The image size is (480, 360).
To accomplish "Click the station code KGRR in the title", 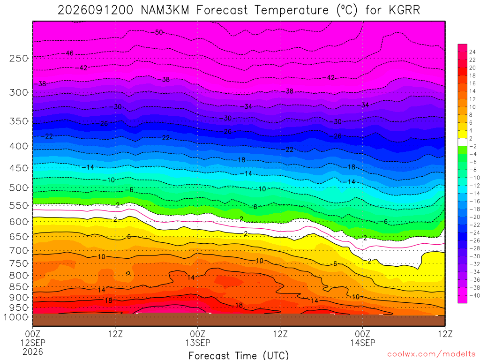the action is [405, 10].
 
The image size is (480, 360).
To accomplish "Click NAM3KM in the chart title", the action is [165, 10].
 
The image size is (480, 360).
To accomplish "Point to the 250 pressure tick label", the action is [18, 58].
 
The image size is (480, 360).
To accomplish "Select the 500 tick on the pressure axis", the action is [18, 187].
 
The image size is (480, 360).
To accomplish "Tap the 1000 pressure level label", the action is [15, 317].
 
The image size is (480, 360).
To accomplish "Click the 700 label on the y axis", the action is [18, 251].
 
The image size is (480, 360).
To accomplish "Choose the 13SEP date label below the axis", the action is [198, 343].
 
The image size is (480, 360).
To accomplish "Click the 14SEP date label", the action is [363, 343].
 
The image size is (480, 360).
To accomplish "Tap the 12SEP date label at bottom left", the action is [33, 343].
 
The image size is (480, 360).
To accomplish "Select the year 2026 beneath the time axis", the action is [33, 352].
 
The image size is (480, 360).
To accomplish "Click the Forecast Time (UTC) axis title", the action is [239, 355].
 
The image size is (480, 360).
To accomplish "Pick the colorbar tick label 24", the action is [472, 52].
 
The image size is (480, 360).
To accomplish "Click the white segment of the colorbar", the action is [463, 142].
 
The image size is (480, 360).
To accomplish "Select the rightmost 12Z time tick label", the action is [445, 334].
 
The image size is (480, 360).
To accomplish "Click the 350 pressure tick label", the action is [18, 121].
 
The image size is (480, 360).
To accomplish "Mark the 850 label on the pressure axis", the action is [18, 287].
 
